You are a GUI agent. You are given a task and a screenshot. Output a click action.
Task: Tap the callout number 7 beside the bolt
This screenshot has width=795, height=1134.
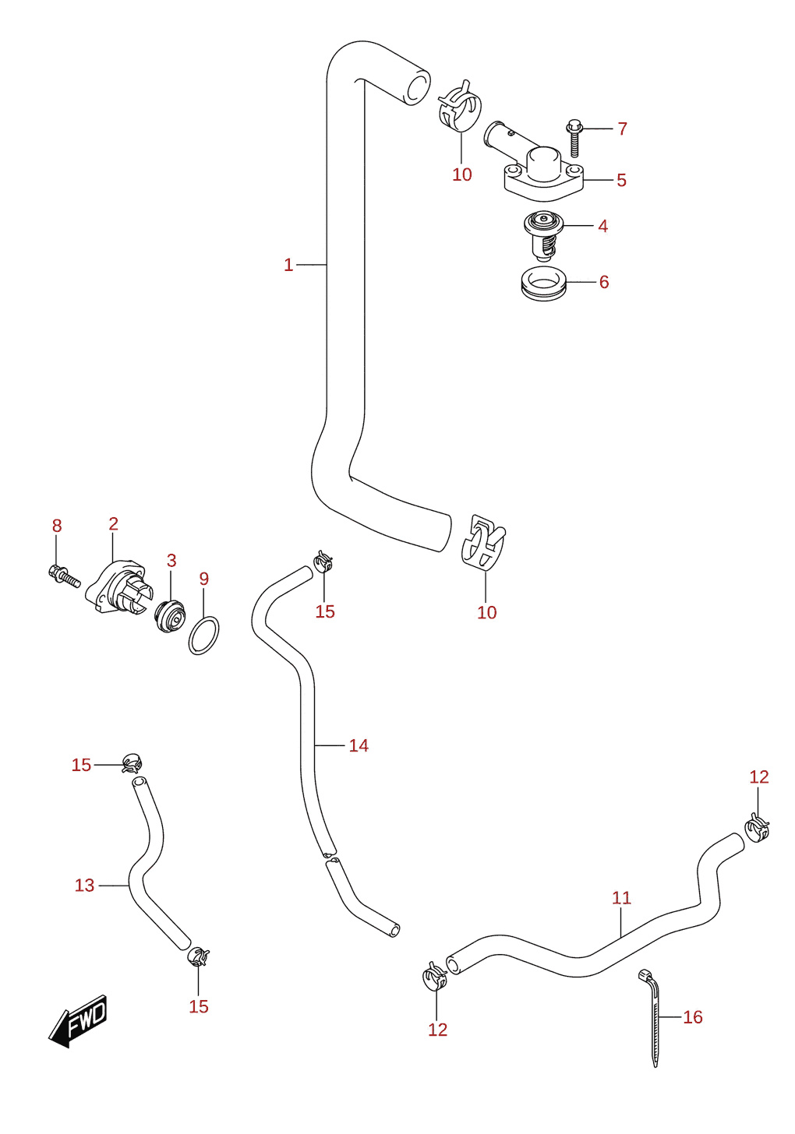622,129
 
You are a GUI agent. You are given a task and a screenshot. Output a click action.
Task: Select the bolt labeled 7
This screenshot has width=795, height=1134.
574,138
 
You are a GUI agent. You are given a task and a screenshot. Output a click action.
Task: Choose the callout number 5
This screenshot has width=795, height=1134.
622,180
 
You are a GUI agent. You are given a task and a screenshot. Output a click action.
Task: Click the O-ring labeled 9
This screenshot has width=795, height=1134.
203,636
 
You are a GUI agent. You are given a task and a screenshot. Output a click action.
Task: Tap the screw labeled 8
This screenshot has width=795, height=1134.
65,576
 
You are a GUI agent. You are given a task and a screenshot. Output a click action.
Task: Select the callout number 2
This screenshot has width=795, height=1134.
113,523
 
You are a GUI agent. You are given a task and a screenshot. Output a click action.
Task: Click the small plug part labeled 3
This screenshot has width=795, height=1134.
170,615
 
